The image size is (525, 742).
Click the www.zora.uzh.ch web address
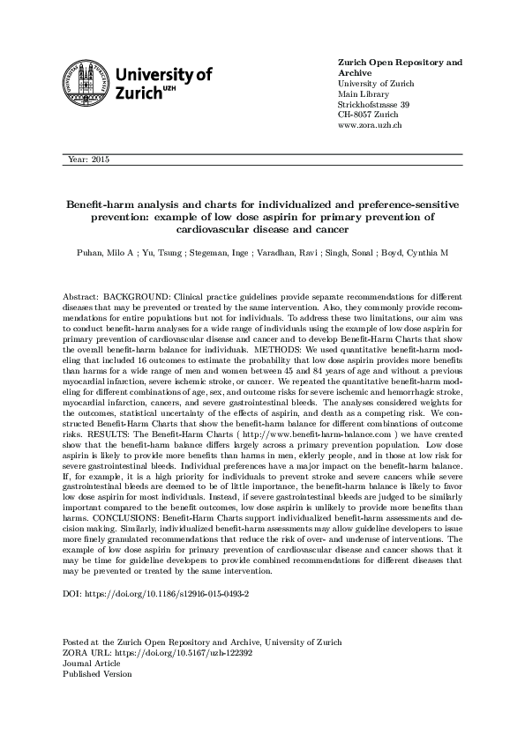[371, 125]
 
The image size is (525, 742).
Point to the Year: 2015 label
[87, 160]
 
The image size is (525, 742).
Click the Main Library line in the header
[362, 93]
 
